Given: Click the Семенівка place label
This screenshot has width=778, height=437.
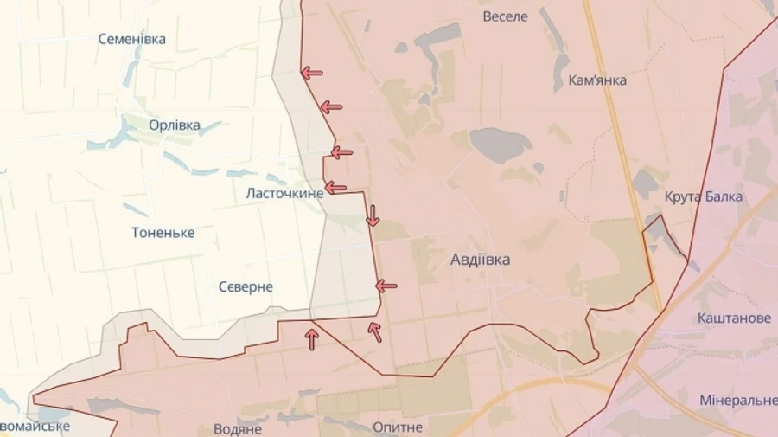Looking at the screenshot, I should click(x=131, y=39).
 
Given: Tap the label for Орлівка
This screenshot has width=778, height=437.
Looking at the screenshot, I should click(x=174, y=125).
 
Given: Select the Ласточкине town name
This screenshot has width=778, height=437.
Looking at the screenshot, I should click(x=284, y=193).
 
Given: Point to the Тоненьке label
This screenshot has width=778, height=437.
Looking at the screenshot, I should click(x=163, y=233).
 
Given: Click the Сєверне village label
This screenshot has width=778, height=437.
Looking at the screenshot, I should click(x=246, y=286).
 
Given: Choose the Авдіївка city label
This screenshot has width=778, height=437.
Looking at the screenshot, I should click(x=480, y=259).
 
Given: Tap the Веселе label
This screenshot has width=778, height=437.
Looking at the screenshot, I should click(x=505, y=16).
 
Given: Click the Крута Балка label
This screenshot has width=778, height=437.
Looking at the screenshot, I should click(x=704, y=196).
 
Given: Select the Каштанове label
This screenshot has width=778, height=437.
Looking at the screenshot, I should click(x=734, y=318).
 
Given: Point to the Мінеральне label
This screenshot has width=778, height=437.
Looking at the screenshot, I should click(x=738, y=401).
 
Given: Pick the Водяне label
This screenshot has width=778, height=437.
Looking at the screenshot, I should click(x=237, y=428).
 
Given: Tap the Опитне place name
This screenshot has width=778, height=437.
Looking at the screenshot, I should click(x=398, y=427).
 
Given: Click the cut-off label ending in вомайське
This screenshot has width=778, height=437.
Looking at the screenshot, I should click(x=35, y=427).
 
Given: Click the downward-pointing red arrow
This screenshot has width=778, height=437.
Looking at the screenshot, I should click(x=373, y=215).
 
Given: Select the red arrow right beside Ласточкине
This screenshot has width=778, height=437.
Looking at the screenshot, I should click(x=335, y=188).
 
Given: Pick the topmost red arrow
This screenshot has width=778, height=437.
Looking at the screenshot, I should click(x=312, y=74).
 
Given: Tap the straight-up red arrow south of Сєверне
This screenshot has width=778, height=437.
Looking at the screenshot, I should click(x=312, y=339).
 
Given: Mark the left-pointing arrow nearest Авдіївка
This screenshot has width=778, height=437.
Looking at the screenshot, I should click(x=386, y=286).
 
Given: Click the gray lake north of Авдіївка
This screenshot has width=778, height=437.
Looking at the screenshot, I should click(x=501, y=144).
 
